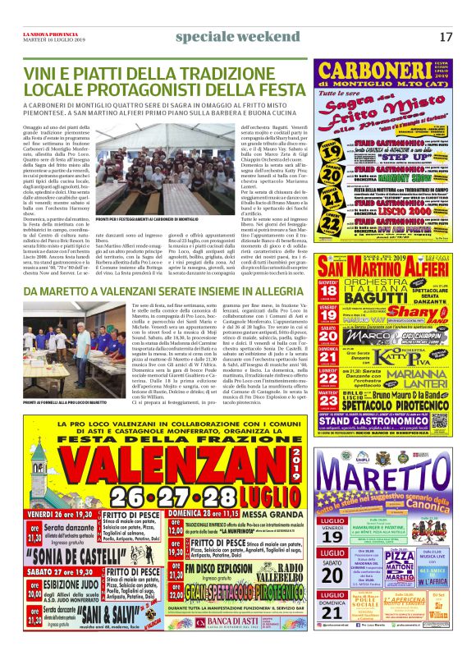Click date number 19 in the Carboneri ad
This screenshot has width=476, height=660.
tap(328, 154)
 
